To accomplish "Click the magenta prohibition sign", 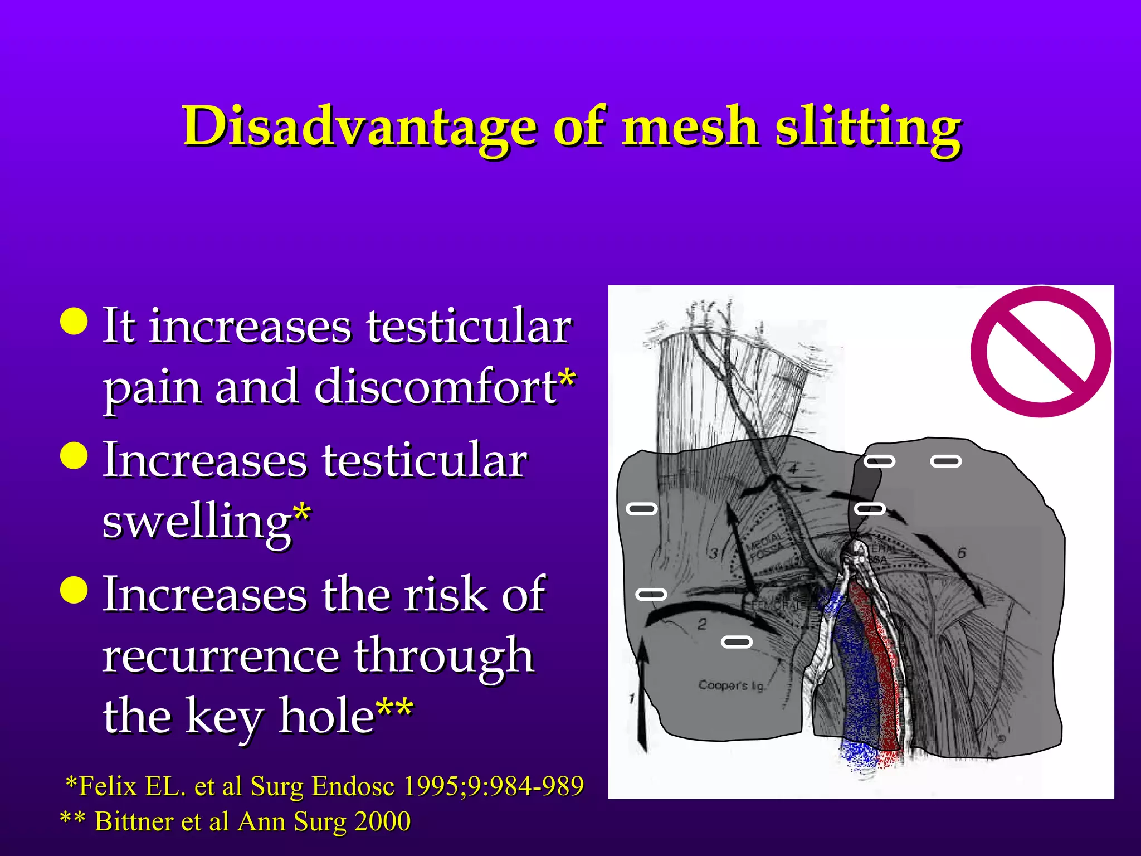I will tap(1041, 352).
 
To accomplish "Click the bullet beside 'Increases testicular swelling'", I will tap(74, 455).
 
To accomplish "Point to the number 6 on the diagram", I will tap(962, 553).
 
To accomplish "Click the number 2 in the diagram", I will tap(703, 624).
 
